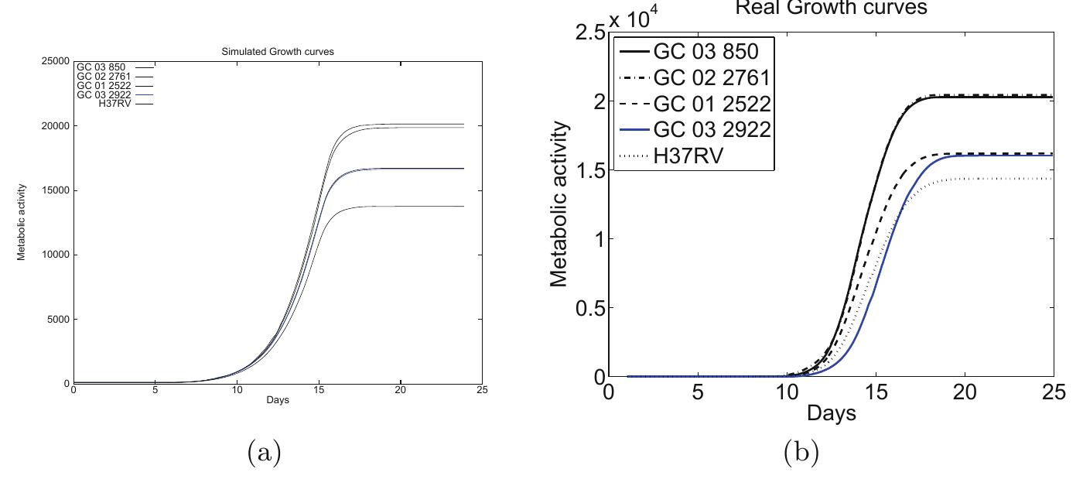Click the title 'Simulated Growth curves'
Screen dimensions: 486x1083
pos(277,51)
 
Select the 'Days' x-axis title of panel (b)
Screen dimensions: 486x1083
pos(832,413)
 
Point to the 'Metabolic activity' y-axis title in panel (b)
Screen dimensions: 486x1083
pos(561,204)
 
